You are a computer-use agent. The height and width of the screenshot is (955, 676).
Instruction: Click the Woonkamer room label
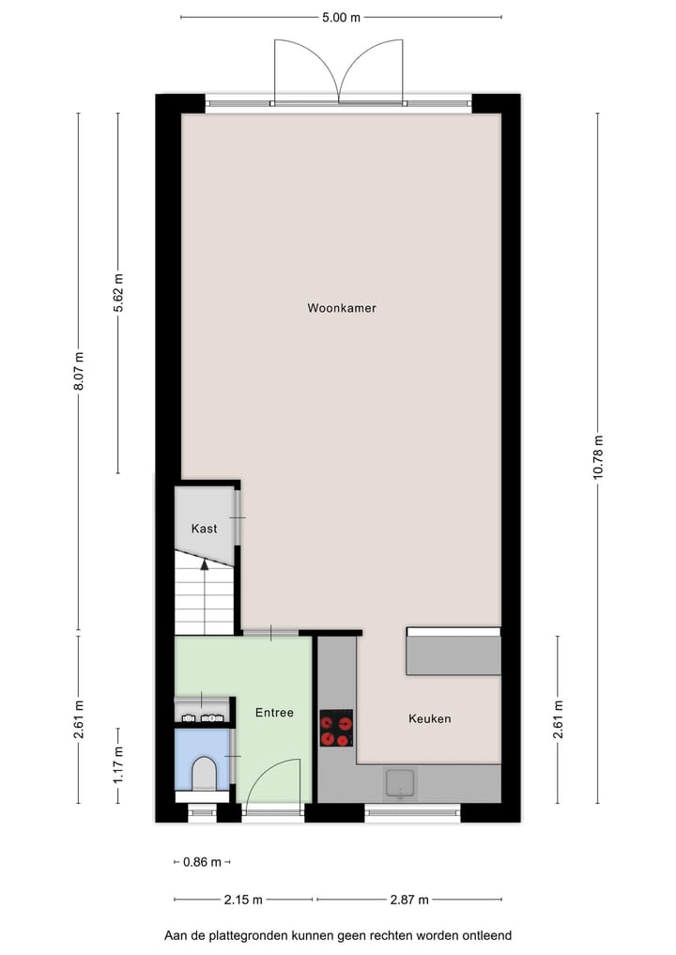(x=341, y=308)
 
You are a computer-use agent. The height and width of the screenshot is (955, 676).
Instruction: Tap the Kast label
(x=204, y=529)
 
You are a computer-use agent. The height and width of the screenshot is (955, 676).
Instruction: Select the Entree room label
(x=274, y=713)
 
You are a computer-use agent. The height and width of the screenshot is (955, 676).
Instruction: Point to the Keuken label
(x=429, y=718)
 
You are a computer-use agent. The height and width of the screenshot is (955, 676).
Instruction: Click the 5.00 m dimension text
(x=341, y=17)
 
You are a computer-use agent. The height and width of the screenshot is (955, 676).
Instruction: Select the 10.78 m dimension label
(x=598, y=457)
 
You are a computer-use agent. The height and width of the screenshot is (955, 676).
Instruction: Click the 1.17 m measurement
(x=118, y=764)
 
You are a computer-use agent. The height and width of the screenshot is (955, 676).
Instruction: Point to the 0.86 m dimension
(x=202, y=862)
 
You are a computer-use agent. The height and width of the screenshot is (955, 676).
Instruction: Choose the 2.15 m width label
(x=243, y=900)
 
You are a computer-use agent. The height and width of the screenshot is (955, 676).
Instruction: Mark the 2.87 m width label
(x=409, y=900)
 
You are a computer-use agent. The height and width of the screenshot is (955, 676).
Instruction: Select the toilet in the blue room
(x=204, y=776)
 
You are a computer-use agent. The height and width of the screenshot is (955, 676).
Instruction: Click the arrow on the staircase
(x=204, y=564)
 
